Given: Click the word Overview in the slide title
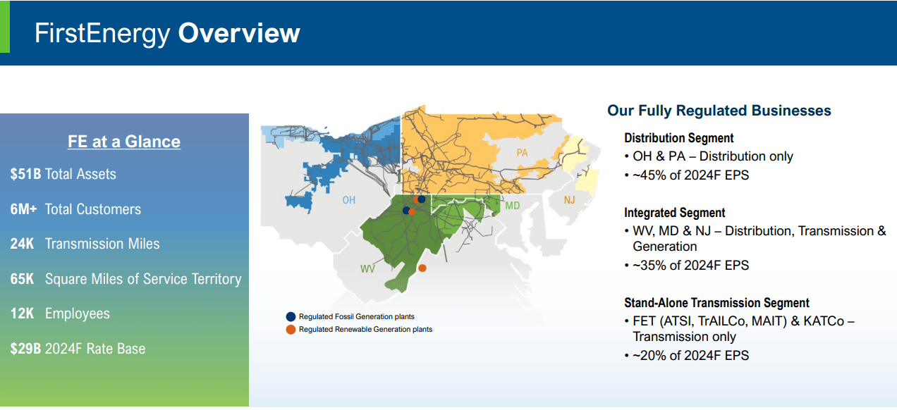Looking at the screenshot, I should point(239,33).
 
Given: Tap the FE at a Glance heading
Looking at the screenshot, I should point(124,142).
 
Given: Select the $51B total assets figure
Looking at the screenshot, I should point(25,174).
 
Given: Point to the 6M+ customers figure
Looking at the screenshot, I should point(23,209).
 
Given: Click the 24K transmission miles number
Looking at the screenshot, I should point(23,244).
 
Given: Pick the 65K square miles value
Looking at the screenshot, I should point(23,279).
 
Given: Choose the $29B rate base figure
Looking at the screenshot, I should point(25,348).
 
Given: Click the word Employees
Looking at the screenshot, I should point(78,313).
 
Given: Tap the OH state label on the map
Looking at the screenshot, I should point(348,200).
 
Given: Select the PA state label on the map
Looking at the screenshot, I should point(522,152).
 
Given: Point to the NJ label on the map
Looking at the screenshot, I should point(569,201).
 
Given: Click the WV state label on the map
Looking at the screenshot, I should point(367,269).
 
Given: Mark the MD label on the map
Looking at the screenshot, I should point(513,206).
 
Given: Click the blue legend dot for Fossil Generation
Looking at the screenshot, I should point(290,317).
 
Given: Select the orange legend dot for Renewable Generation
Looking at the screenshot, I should point(290,330).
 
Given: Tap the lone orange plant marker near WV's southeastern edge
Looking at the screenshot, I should point(422,268).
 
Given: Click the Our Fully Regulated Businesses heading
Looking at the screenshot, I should point(719,111).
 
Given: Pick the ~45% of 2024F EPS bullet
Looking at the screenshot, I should point(690,175).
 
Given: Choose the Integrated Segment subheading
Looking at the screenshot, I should point(674,213).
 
